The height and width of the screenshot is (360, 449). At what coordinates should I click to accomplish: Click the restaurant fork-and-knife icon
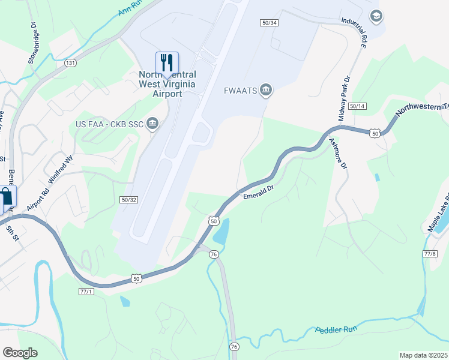point(167,62)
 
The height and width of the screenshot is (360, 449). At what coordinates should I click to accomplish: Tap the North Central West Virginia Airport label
point(167,85)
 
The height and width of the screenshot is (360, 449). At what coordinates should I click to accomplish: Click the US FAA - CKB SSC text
point(110,125)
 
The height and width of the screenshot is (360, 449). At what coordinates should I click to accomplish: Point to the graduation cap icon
point(376,16)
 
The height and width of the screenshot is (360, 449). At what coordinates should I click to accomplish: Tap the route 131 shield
point(71,62)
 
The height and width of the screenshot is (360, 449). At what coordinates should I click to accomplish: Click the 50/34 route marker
point(270,23)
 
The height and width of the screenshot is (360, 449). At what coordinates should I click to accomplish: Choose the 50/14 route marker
point(357,106)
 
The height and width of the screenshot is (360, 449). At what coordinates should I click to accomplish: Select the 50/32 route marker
point(129,199)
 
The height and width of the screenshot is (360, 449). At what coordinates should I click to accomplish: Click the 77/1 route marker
point(86,292)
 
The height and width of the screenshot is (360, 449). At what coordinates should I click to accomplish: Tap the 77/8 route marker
point(430,254)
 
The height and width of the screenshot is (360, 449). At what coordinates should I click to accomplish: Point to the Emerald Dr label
point(259,191)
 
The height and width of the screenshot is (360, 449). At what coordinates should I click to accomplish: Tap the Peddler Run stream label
point(336,331)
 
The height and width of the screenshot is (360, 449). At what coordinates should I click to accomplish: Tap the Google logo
point(20,352)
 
